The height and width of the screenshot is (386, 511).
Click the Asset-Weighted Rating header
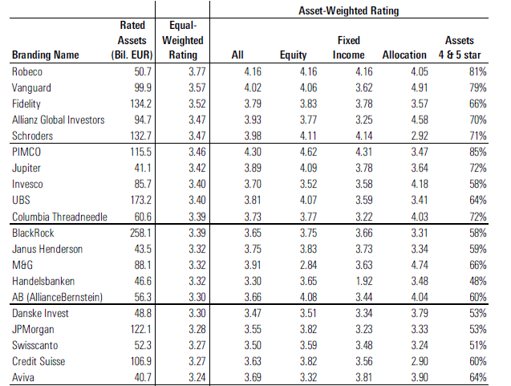pos(349,10)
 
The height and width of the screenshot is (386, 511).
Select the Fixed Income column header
pos(348,47)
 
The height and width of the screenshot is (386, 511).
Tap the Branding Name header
pos(45,55)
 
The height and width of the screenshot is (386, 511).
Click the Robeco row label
pos(27,71)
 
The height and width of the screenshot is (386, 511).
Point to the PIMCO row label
pos(26,152)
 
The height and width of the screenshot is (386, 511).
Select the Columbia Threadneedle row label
pos(59,217)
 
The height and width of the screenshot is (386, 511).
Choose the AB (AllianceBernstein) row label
pos(58,297)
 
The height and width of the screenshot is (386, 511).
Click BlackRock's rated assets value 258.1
pos(141,233)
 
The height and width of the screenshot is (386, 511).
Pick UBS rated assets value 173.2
pos(141,200)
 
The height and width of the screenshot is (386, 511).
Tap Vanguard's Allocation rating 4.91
pos(420,87)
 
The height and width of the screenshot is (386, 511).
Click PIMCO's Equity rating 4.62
pos(308,152)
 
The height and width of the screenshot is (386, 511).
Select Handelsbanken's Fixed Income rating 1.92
pos(364,281)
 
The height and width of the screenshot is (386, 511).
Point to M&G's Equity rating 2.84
pos(308,265)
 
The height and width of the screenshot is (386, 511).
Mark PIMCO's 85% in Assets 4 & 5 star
pos(478,152)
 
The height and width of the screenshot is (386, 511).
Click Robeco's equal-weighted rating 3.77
pos(197,71)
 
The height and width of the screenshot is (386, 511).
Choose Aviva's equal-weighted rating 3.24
pos(197,377)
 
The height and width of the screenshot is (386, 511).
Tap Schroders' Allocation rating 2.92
pos(420,136)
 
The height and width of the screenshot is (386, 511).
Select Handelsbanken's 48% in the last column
pos(478,281)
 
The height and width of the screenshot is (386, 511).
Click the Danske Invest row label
pos(40,313)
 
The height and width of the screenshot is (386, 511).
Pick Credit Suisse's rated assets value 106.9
pos(141,362)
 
